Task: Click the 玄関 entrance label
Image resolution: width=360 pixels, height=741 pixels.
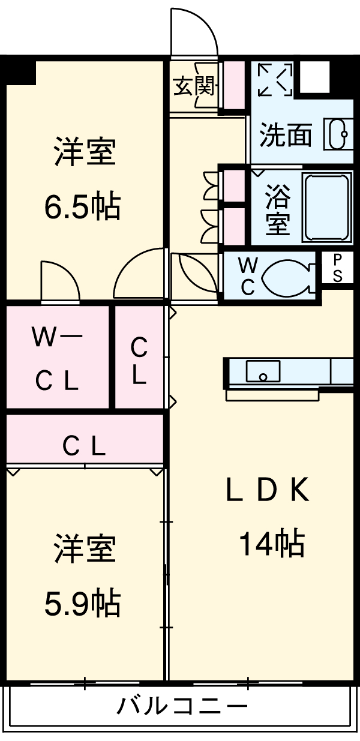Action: [x=193, y=87]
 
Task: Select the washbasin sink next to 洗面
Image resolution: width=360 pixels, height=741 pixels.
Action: [x=337, y=134]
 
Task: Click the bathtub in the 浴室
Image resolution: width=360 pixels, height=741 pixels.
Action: [x=326, y=207]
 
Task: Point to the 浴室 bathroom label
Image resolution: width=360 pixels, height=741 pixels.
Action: [x=278, y=209]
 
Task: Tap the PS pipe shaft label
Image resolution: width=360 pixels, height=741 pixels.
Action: [x=338, y=268]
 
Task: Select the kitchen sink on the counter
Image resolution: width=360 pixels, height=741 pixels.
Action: [x=263, y=371]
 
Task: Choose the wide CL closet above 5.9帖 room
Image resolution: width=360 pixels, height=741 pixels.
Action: [x=85, y=445]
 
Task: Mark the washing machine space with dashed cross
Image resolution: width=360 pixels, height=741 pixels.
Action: [x=275, y=79]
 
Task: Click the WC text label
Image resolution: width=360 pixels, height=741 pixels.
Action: [x=247, y=276]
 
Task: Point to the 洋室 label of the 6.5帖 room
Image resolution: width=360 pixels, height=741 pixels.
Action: [x=84, y=153]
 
